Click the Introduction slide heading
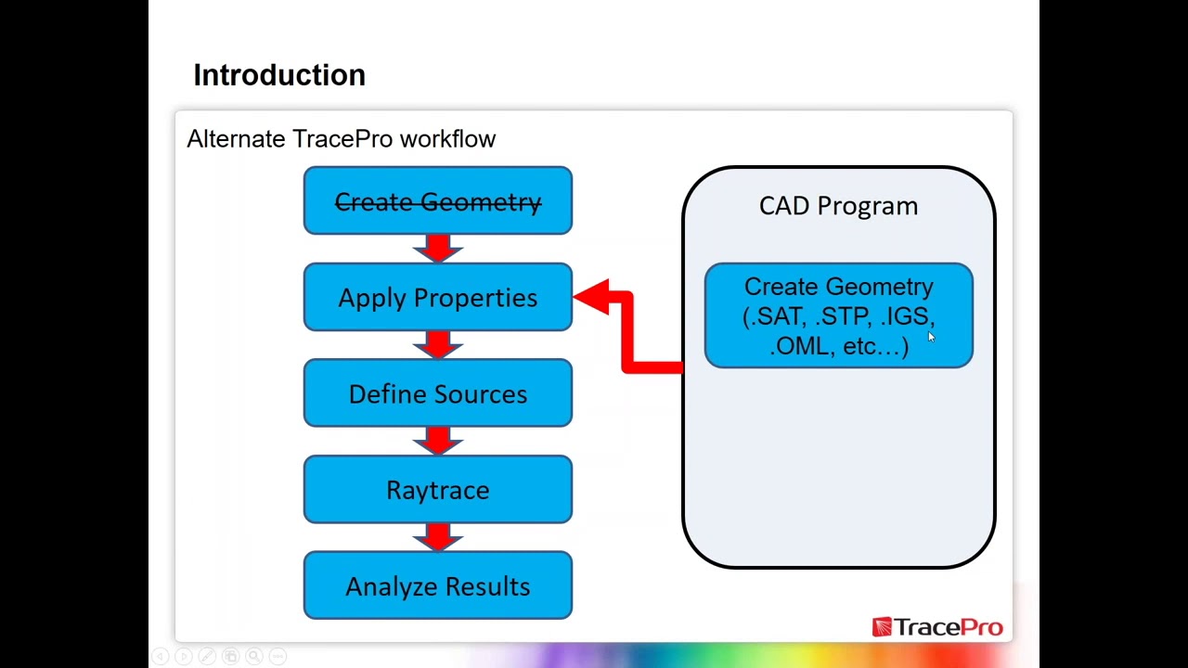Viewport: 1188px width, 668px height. pos(278,75)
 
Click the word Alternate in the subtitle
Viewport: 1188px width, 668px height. pos(236,139)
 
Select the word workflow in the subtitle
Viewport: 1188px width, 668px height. pos(447,139)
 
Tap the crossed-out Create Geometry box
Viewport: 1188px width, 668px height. pos(437,201)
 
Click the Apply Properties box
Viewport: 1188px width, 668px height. pos(437,298)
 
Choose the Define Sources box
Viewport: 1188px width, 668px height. pos(437,394)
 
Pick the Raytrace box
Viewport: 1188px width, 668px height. pos(437,490)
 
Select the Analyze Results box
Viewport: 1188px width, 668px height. pos(437,586)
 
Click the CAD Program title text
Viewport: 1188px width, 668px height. pos(838,206)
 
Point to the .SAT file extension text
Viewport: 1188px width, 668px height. pos(778,317)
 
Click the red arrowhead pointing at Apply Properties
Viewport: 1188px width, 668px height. pos(594,298)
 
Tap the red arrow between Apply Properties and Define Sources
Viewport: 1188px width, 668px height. pos(438,345)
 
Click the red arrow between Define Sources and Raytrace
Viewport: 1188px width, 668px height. pos(438,441)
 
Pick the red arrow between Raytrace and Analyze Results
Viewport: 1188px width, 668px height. pos(438,537)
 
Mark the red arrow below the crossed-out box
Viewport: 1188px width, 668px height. pos(438,249)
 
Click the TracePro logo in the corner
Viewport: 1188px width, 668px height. pos(937,628)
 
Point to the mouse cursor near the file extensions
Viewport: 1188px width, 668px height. pos(931,339)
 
